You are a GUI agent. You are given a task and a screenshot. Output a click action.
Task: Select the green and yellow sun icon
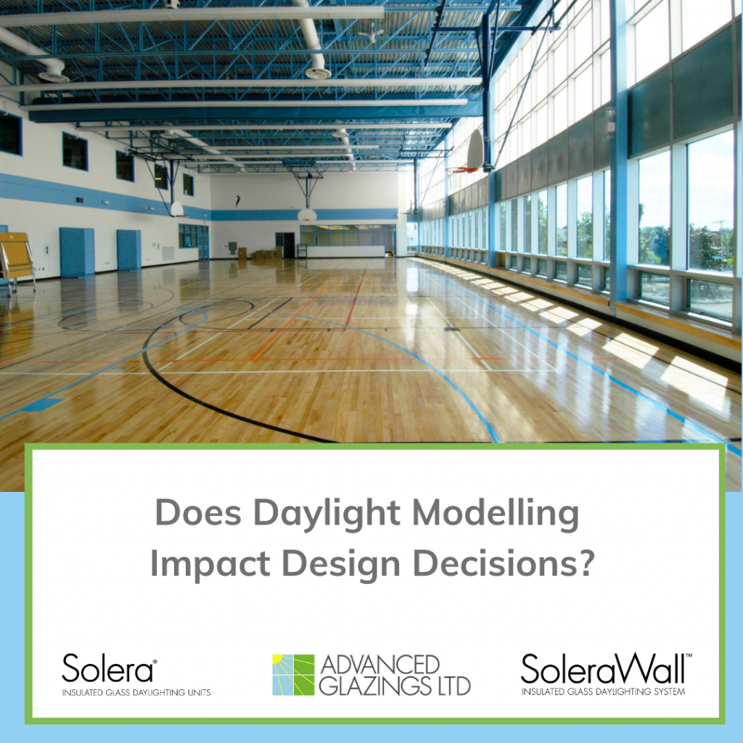[x=293, y=675]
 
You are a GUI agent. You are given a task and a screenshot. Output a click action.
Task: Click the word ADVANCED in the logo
[x=379, y=664]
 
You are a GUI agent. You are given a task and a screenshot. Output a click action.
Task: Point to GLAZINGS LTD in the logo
[x=395, y=685]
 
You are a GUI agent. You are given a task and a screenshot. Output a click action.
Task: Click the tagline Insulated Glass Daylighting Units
[x=136, y=693]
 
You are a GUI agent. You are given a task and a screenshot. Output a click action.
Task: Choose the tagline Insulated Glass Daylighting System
[x=603, y=691]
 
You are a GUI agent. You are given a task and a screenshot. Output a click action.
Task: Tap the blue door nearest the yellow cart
[x=76, y=252]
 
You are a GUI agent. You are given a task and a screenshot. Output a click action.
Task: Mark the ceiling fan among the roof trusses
[x=370, y=33]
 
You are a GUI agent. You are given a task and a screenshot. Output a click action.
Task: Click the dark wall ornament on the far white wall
[x=237, y=201]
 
